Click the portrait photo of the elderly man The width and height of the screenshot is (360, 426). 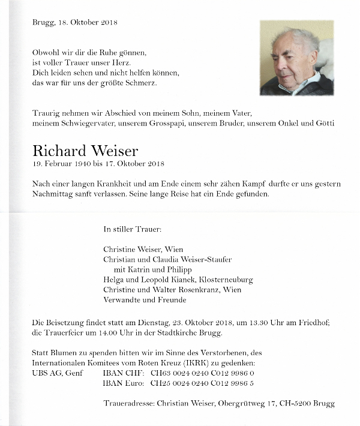tap(296, 58)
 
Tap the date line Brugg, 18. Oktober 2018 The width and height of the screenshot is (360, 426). tap(75, 22)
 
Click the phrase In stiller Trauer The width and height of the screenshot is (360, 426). tap(132, 229)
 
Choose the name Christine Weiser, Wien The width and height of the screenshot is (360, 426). tap(143, 250)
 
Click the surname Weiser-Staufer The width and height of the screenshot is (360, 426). tap(203, 260)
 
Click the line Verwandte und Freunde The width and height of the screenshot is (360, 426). tap(145, 300)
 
